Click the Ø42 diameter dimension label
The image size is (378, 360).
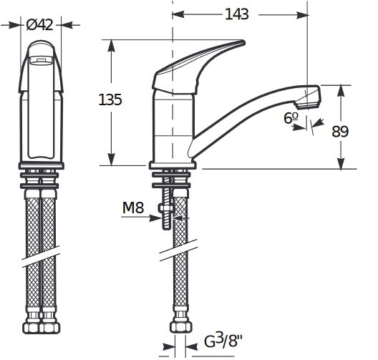pos(39,24)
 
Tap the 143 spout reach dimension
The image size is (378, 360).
pos(237,14)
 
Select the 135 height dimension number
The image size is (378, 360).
pos(110,99)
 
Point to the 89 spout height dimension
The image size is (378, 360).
pos(340,132)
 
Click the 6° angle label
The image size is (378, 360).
pos(291,118)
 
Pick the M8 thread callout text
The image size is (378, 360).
pos(133,208)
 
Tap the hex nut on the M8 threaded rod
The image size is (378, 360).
pos(166,208)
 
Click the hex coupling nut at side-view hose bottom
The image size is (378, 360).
pos(180,328)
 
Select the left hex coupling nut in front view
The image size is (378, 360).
pos(31,328)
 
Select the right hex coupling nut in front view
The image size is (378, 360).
pos(50,328)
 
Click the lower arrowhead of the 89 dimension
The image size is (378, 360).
pos(340,163)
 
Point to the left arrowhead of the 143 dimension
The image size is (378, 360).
pos(178,14)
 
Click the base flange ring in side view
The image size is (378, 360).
pos(173,165)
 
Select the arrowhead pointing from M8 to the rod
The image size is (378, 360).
pos(155,218)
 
